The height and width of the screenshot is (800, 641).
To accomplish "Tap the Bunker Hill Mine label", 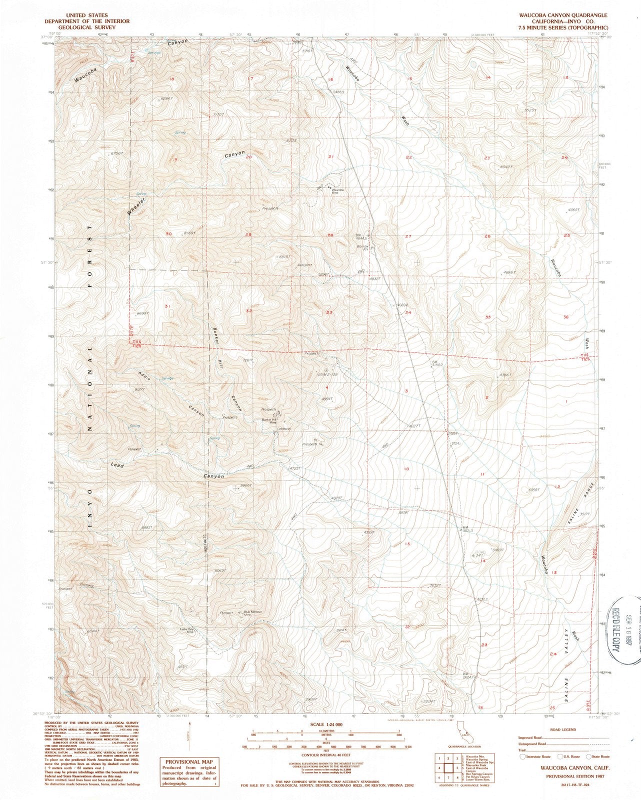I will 269,421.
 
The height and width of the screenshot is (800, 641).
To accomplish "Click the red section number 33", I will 329,312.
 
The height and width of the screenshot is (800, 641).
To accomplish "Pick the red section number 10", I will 406,469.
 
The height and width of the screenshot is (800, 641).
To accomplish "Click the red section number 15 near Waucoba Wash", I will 409,79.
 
